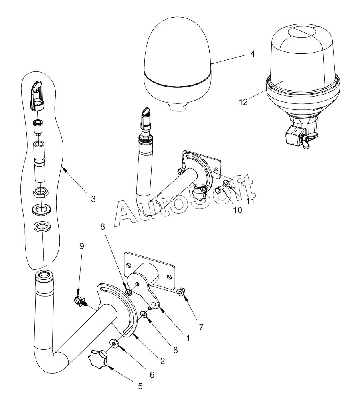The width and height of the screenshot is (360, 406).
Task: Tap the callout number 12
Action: [x=243, y=102]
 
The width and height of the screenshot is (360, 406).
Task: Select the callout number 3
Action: [x=93, y=199]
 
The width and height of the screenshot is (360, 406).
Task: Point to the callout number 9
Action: [x=82, y=246]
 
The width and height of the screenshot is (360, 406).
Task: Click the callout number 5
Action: [x=140, y=386]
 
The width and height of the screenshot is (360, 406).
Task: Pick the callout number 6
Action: [x=152, y=374]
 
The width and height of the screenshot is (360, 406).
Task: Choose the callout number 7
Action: [x=201, y=327]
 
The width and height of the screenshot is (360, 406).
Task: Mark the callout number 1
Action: [x=188, y=338]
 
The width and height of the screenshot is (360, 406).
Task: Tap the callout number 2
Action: [x=162, y=361]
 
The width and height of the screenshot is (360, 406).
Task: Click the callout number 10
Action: [x=237, y=210]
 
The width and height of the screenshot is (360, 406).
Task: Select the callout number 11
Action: [x=250, y=201]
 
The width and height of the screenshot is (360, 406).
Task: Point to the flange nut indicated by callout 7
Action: [x=180, y=292]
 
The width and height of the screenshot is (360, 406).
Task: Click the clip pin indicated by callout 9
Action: [x=81, y=301]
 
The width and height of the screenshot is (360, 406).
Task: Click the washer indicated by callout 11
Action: [x=226, y=184]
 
